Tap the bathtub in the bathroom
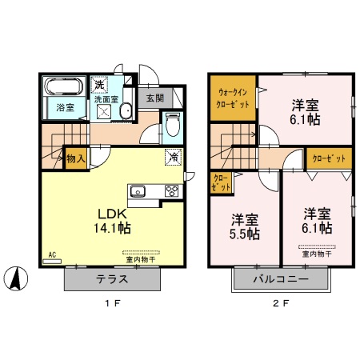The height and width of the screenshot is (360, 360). pyautogui.click(x=63, y=87)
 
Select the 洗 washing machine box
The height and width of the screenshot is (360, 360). pyautogui.click(x=99, y=84)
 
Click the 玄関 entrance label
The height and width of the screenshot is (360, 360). pyautogui.click(x=154, y=99)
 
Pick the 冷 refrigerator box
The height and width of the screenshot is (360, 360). pyautogui.click(x=173, y=157)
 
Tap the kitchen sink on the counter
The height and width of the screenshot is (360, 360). pyautogui.click(x=138, y=191)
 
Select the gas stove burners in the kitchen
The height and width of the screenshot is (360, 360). pyautogui.click(x=171, y=190)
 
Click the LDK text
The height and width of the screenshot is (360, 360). pyautogui.click(x=111, y=214)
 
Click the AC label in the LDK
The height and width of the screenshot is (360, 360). pyautogui.click(x=51, y=255)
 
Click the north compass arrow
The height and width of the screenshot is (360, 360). pyautogui.click(x=17, y=279)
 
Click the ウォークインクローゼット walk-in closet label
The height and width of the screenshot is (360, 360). pyautogui.click(x=233, y=98)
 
